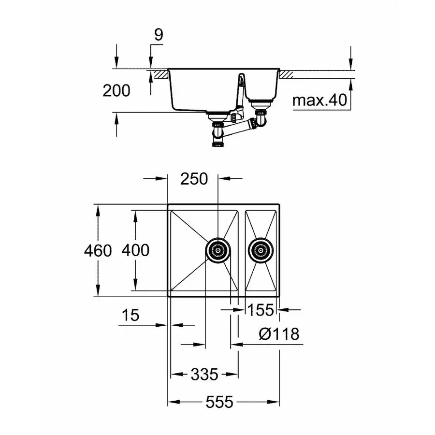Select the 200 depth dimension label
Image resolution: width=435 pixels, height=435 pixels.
[x=116, y=90]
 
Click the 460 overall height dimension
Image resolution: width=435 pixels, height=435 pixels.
[x=98, y=250]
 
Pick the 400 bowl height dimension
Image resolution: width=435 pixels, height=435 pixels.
[x=135, y=250]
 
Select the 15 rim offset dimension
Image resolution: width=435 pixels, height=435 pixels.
[x=130, y=316]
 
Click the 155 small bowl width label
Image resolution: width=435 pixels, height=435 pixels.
[x=261, y=310]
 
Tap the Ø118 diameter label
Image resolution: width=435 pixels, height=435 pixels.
[x=279, y=333]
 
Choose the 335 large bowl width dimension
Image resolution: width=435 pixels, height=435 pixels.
[x=204, y=374]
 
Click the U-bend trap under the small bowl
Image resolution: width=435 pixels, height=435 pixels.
[x=261, y=117]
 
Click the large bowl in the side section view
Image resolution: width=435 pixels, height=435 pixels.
[x=203, y=92]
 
